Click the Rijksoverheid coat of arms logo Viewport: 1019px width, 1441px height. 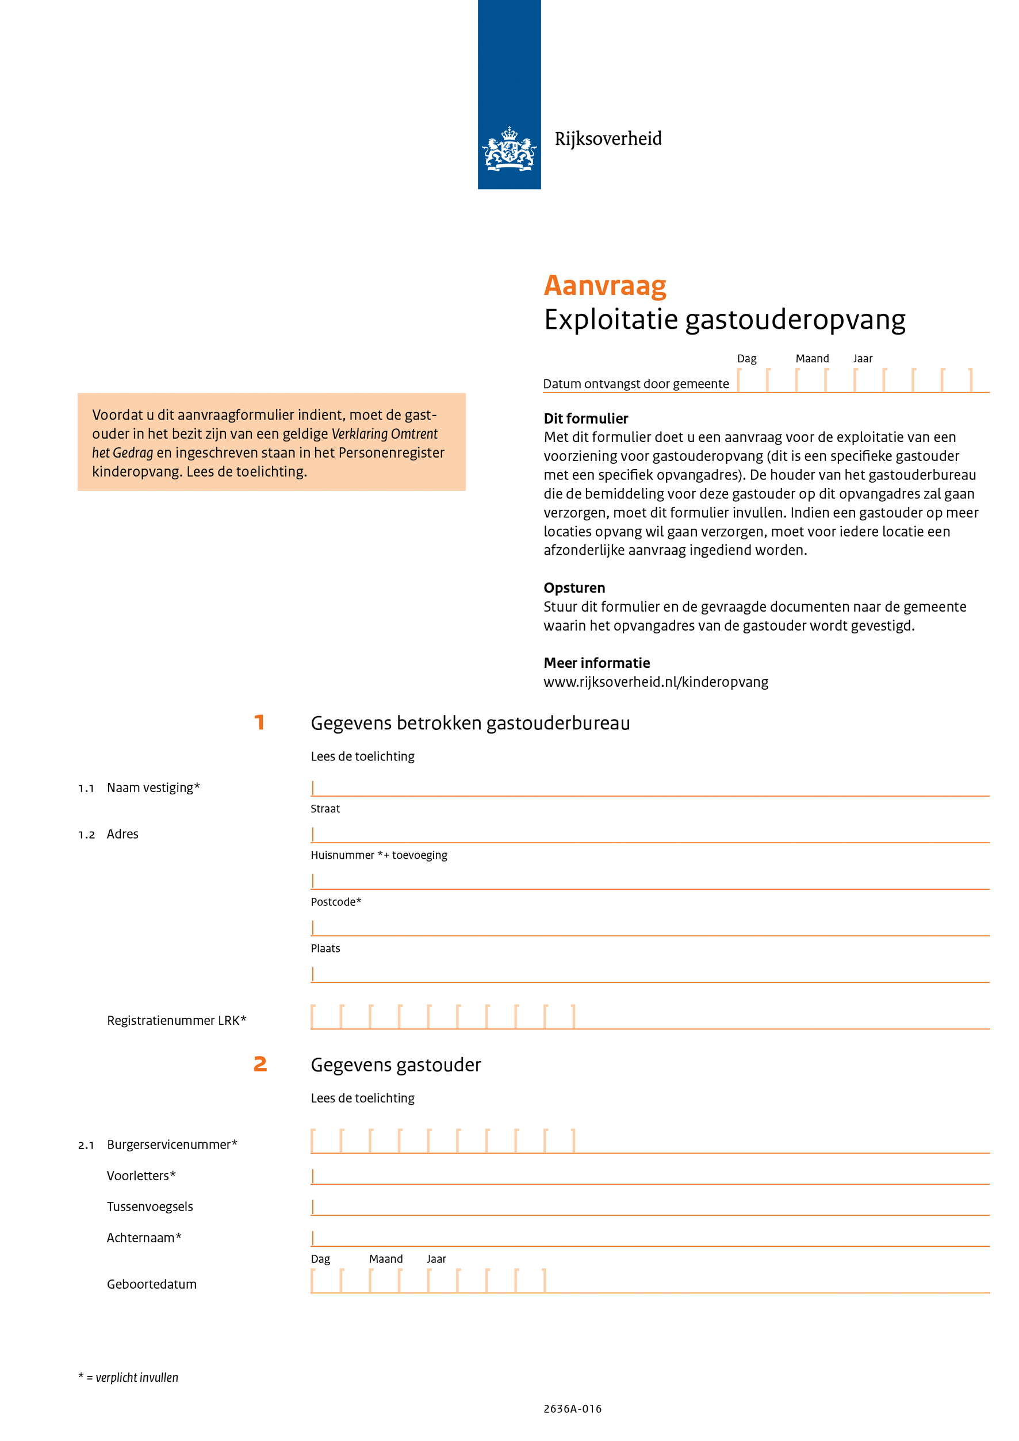click(x=508, y=149)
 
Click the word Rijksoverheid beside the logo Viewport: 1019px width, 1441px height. click(x=608, y=139)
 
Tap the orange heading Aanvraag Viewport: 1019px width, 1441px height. click(x=604, y=286)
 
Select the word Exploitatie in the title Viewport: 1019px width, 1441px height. click(x=610, y=320)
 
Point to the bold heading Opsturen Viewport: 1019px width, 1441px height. click(x=574, y=588)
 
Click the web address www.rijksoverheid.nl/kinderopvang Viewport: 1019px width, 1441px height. click(x=656, y=682)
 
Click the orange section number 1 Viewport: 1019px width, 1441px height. click(x=259, y=723)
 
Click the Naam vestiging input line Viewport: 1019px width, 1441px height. click(x=649, y=789)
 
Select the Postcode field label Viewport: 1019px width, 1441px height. click(x=336, y=902)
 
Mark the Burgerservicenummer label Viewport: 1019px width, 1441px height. click(x=172, y=1145)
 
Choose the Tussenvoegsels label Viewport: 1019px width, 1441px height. click(x=150, y=1207)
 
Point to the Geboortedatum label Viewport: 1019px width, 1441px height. click(x=151, y=1285)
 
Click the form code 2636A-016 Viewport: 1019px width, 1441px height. click(x=572, y=1409)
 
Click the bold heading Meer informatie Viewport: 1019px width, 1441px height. click(x=596, y=663)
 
